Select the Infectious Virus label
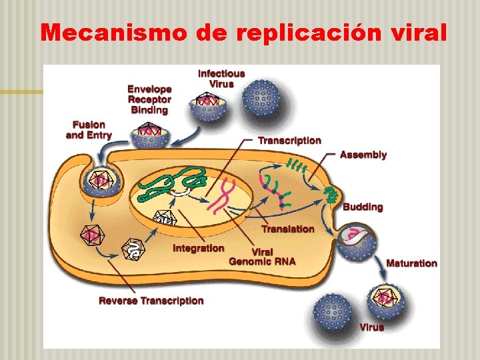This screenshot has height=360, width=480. (221, 78)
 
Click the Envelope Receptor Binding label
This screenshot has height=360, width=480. (149, 99)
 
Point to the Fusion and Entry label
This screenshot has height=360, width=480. (89, 130)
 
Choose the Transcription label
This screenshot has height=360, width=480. (289, 141)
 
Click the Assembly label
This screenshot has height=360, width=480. (363, 155)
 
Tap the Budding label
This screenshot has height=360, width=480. (363, 207)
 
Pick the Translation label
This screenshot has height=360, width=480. (287, 229)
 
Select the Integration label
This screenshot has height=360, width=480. (198, 248)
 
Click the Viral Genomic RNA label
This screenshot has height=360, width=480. (262, 257)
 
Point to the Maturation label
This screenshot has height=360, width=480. (411, 263)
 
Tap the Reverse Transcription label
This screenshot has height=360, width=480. (151, 301)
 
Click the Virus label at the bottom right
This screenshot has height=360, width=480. (371, 327)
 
